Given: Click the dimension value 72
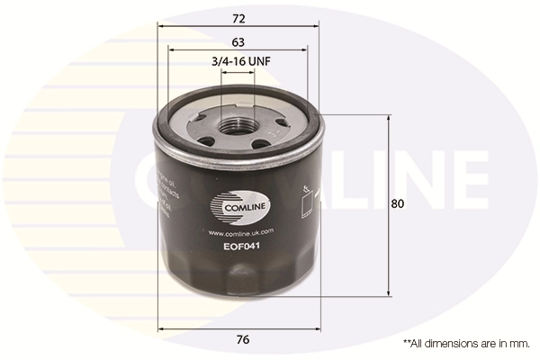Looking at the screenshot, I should click(238, 18).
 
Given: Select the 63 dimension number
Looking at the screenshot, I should click(238, 41).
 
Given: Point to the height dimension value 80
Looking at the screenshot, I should click(398, 204).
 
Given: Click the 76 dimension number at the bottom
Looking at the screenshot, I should click(242, 339).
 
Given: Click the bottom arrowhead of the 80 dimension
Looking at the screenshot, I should click(389, 292).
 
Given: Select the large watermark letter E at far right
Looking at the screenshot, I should click(471, 178).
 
